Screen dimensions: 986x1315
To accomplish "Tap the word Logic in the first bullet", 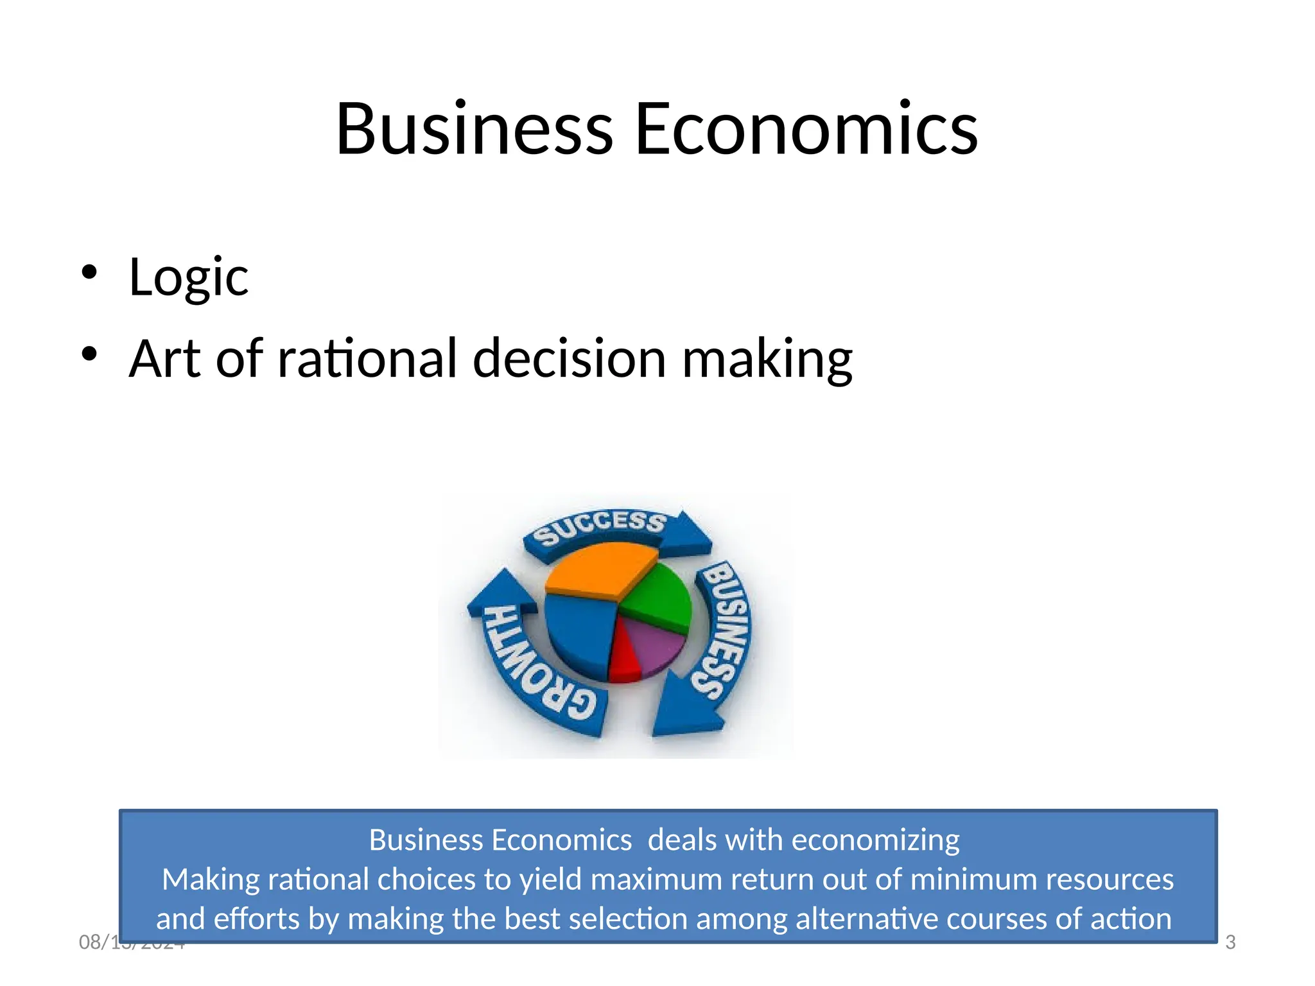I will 188,277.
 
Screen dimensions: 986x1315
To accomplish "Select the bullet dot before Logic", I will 89,272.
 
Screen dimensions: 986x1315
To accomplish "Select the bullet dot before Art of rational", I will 89,354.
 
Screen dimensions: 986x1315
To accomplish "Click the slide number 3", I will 1230,942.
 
